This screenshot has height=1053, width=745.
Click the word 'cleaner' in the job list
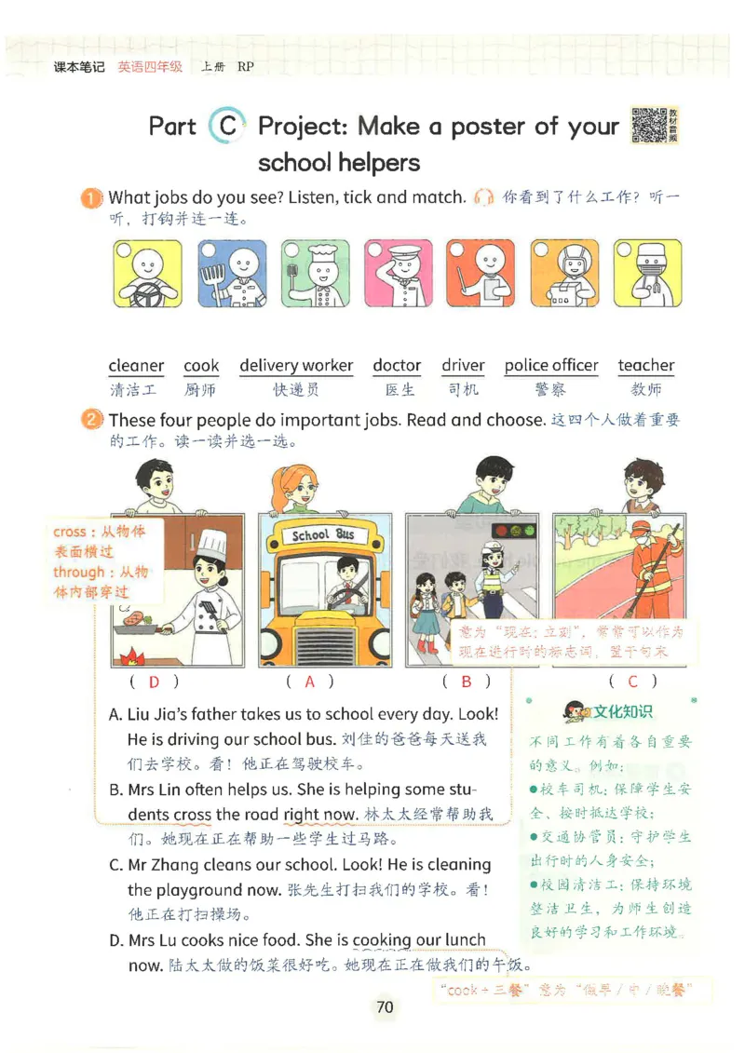136,366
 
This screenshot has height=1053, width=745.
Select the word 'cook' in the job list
201,366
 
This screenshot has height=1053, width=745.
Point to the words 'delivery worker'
296,366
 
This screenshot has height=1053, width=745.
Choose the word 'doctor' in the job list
397,366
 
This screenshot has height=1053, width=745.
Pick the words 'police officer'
551,366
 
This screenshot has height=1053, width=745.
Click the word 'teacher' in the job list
645,366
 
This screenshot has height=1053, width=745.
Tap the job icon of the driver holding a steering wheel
145,275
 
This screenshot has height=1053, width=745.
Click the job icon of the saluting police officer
397,275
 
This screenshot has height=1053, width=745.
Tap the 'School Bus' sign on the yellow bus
322,535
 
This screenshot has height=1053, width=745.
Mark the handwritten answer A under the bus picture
310,682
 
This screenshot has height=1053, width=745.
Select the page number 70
385,1007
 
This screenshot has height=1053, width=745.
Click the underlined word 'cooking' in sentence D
383,940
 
